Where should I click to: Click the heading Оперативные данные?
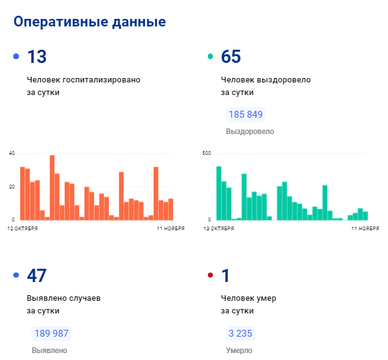tap(89, 22)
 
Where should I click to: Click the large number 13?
tap(37, 57)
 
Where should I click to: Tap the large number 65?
tap(231, 57)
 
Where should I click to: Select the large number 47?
tap(37, 276)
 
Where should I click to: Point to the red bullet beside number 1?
tap(210, 276)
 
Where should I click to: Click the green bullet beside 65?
tap(210, 57)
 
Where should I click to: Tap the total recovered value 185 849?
tap(245, 115)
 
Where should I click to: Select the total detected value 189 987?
tap(51, 334)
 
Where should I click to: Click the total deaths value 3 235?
tap(241, 334)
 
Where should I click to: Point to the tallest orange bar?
tap(52, 187)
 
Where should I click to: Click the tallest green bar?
tap(219, 193)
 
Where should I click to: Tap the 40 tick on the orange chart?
tap(11, 154)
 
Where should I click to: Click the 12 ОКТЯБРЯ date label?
tap(23, 228)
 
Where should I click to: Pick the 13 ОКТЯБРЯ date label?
tap(218, 228)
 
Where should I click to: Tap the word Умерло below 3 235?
tap(239, 350)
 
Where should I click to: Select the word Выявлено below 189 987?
tap(49, 350)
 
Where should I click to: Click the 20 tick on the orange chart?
tap(11, 187)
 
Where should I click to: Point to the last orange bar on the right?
tap(171, 209)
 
